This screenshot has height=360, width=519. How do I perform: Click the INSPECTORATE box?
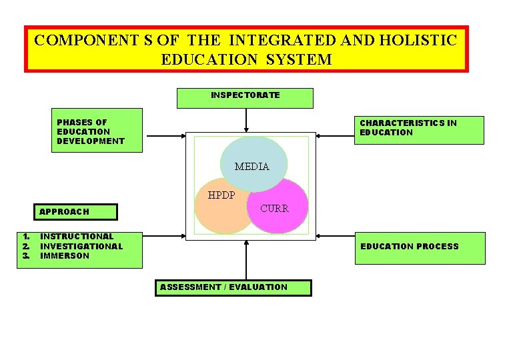coord(245,97)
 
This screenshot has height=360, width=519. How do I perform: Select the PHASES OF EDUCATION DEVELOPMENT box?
coord(97,131)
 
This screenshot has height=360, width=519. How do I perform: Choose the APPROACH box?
coord(75,211)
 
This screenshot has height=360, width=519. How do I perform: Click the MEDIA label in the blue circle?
coord(252,167)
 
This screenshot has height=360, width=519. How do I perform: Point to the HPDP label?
coord(221,196)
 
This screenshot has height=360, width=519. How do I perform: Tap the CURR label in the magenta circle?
coord(274,209)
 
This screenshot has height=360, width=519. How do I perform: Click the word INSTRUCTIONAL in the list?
coord(77,236)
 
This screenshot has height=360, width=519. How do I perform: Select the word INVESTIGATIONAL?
coord(81,246)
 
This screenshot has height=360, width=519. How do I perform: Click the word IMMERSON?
coord(65,256)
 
